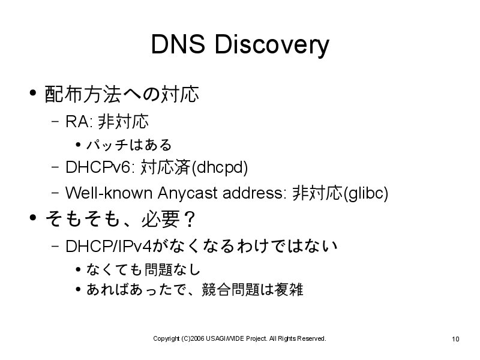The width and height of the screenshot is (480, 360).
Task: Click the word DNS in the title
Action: [178, 44]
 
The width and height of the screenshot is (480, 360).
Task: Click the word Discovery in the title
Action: [272, 46]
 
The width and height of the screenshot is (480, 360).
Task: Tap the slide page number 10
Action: [455, 339]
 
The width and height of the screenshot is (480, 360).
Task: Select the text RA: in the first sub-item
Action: [79, 122]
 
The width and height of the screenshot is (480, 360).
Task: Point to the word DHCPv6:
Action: [100, 167]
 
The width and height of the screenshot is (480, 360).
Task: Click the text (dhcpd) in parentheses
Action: [219, 168]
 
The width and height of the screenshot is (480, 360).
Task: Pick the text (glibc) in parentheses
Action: [366, 193]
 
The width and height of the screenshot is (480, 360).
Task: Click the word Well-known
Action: [109, 193]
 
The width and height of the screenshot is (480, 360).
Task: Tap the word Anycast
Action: [187, 194]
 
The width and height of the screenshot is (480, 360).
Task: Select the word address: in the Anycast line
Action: [254, 193]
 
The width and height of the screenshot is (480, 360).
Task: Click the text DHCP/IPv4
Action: [109, 246]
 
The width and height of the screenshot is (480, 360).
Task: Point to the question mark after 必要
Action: [190, 219]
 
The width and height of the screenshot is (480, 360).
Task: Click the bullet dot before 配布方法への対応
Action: [33, 92]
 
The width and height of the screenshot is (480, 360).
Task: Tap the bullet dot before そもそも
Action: [33, 217]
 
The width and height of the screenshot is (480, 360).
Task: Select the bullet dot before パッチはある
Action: [79, 145]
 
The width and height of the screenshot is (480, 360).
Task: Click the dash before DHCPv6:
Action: [55, 167]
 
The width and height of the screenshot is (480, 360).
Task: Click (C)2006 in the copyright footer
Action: [193, 338]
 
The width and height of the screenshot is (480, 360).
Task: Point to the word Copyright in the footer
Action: [166, 339]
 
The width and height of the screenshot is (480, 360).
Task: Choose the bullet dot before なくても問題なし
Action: [79, 269]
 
